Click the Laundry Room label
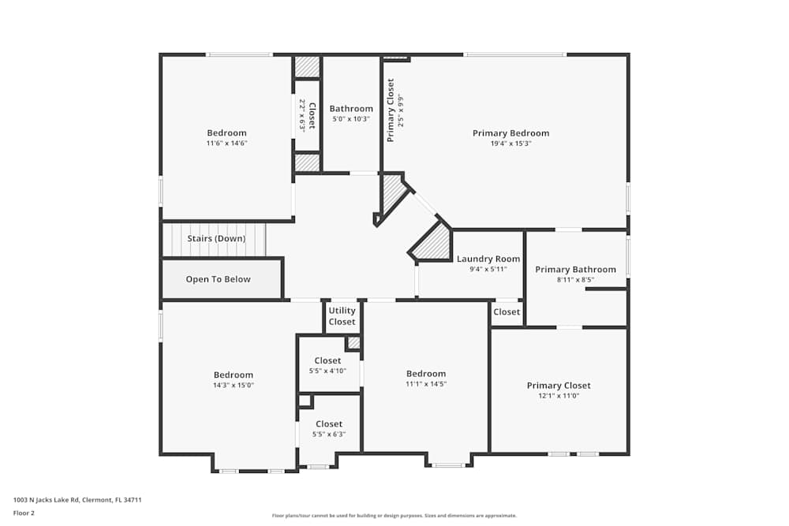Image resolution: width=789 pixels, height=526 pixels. click(x=488, y=259)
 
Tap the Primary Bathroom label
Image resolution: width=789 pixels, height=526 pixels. click(x=575, y=270)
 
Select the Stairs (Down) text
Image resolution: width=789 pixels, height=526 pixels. click(x=216, y=238)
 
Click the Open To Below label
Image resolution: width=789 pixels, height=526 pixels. click(x=218, y=279)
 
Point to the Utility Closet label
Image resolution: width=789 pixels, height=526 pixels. click(x=342, y=316)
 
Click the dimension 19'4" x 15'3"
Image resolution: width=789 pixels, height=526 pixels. click(x=510, y=144)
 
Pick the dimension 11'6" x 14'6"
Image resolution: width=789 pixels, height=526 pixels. click(x=226, y=144)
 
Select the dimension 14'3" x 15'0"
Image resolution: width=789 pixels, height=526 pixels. click(x=234, y=386)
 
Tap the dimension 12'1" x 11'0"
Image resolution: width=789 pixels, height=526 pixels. click(x=559, y=396)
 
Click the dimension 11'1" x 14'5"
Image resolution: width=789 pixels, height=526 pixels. click(x=426, y=384)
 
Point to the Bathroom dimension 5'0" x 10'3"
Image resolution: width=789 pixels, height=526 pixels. click(x=351, y=119)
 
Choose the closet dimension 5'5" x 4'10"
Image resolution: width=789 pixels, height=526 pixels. click(x=327, y=371)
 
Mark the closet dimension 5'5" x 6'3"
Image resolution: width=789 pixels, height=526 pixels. click(x=329, y=435)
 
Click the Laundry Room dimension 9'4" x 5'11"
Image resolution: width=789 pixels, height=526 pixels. click(x=488, y=269)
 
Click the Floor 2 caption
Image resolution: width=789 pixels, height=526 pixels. click(x=24, y=513)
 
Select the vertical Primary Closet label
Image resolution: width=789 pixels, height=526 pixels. click(x=390, y=110)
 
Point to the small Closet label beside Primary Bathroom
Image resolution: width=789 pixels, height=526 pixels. click(x=507, y=311)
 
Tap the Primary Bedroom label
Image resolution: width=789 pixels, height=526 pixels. click(x=510, y=133)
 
